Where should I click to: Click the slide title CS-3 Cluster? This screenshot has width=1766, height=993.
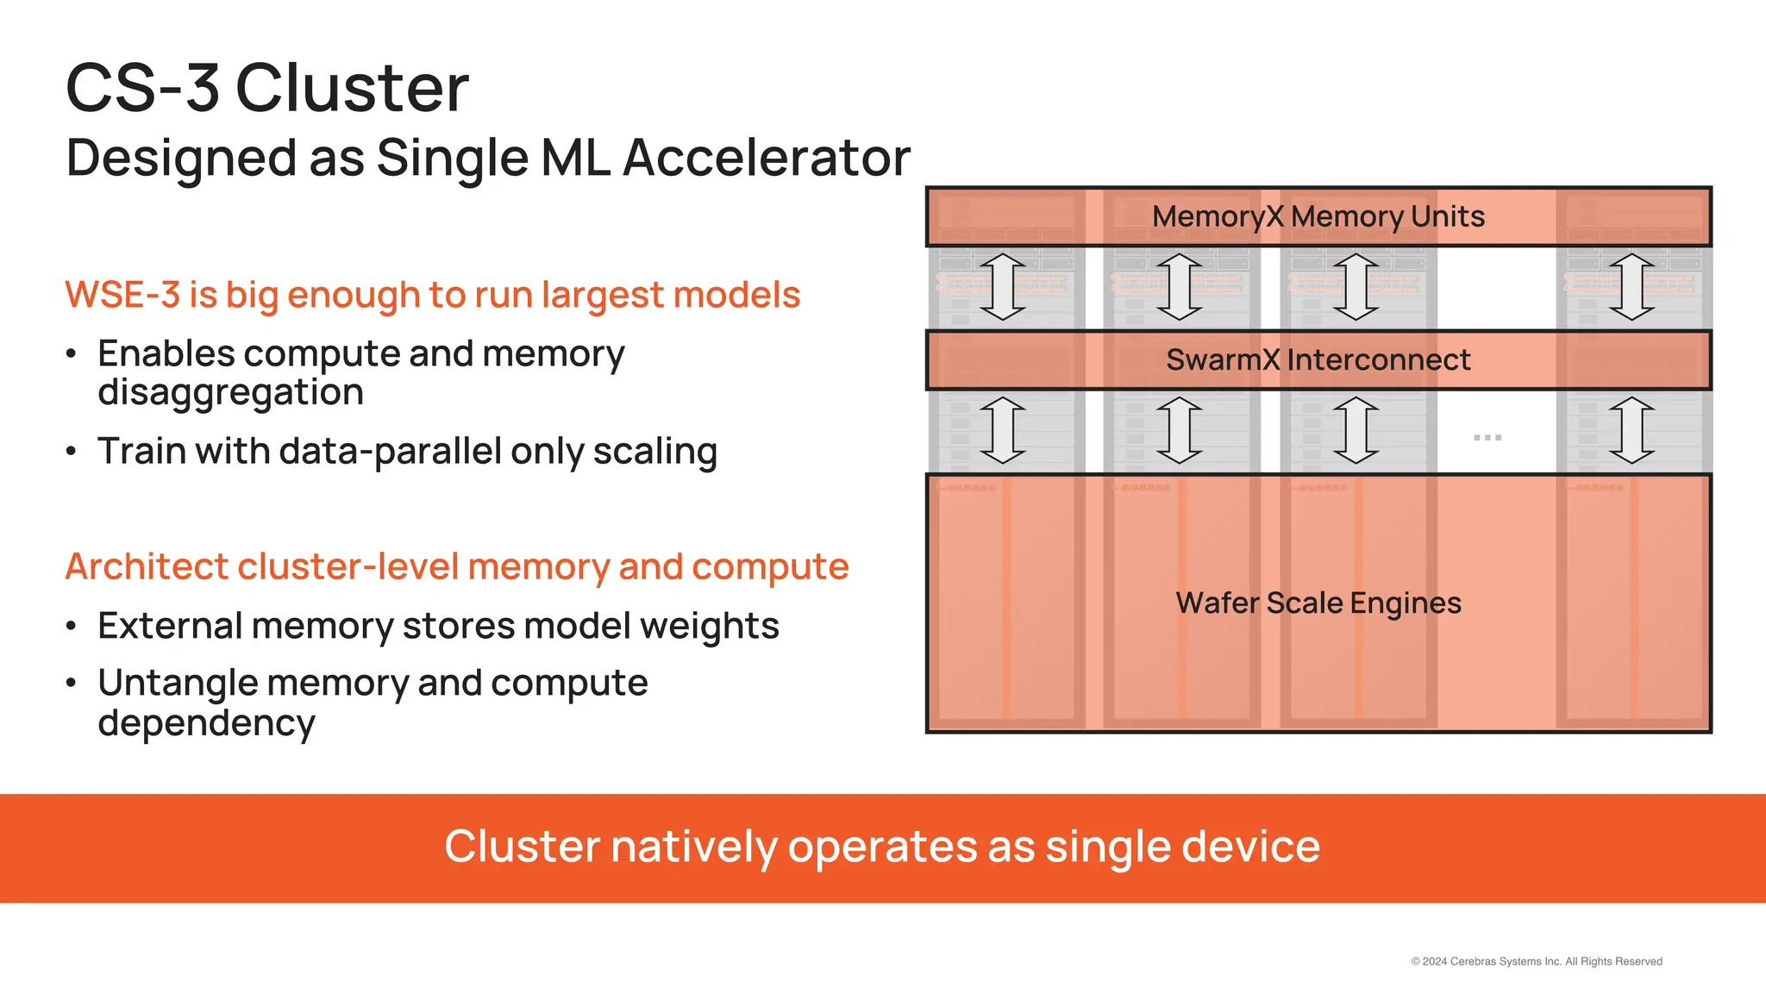tap(267, 88)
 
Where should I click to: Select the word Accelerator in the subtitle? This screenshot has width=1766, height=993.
tap(766, 158)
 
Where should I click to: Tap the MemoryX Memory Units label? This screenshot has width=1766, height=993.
tap(1318, 216)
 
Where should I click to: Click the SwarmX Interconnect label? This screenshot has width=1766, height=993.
tap(1318, 359)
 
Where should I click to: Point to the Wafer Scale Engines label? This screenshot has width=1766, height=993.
tap(1318, 603)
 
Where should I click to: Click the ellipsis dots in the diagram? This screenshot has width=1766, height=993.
tap(1487, 438)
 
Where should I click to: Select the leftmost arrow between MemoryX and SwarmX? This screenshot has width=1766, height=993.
tap(1003, 287)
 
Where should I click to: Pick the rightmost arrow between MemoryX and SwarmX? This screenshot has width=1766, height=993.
tap(1631, 287)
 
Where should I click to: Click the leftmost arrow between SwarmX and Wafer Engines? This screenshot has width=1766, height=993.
tap(1003, 430)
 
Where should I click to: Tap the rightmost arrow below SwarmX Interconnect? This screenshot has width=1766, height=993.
tap(1631, 430)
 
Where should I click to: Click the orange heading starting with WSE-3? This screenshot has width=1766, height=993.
tap(432, 295)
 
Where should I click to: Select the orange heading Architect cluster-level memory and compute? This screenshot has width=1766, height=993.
tap(457, 567)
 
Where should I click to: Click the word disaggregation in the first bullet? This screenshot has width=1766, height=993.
tap(230, 393)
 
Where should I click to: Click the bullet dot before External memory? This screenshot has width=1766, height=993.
tap(72, 627)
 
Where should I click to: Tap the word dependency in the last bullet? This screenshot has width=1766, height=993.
tap(206, 723)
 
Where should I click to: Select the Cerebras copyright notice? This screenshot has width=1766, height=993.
tap(1536, 961)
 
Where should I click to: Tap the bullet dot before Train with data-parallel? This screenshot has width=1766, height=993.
tap(72, 452)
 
